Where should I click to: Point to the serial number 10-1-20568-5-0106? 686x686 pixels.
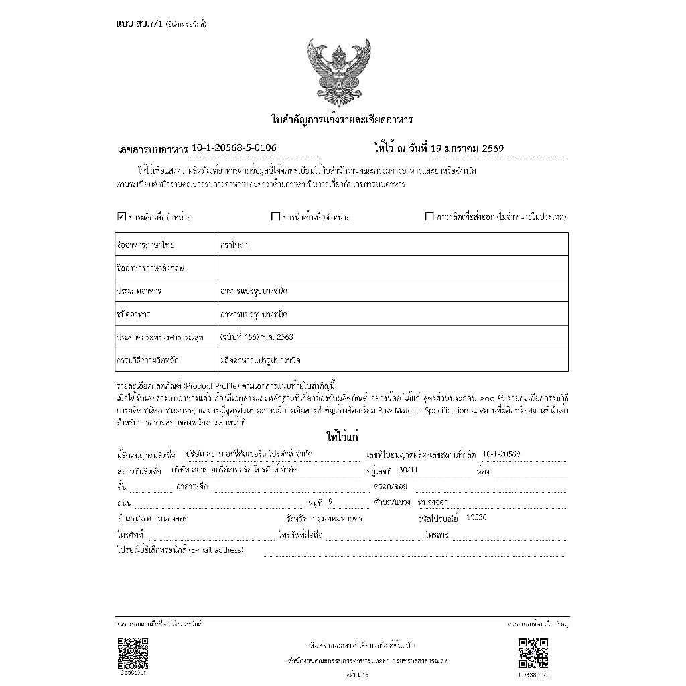234,147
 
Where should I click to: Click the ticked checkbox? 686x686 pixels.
121,216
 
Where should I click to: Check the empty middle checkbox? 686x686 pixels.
275,216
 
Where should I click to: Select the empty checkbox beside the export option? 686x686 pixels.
429,216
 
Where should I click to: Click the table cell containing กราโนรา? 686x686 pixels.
393,245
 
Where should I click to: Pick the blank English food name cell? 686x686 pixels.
393,267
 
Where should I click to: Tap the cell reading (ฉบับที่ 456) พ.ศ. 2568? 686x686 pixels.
393,336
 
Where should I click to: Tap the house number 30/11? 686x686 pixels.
407,470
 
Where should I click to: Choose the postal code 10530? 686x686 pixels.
476,517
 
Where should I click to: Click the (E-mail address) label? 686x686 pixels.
216,550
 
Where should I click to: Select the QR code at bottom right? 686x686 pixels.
533,653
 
